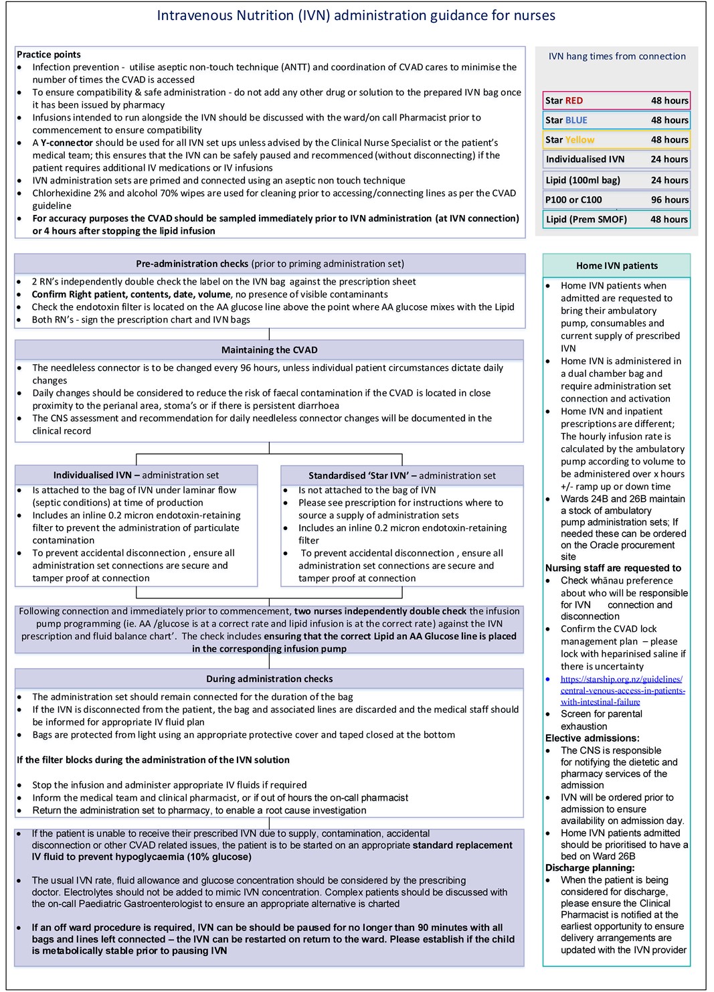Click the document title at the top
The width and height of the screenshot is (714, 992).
click(x=355, y=15)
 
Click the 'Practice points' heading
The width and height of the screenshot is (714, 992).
click(x=48, y=54)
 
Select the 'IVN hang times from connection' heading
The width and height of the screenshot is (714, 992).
click(x=616, y=56)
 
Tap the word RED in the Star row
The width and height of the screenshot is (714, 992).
click(x=573, y=100)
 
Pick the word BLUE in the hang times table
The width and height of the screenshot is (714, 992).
click(x=575, y=120)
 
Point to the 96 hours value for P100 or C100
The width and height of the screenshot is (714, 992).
click(x=668, y=199)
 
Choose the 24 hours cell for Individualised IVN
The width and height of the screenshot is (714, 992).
click(x=668, y=159)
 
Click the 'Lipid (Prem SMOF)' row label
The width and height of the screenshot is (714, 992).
click(x=586, y=219)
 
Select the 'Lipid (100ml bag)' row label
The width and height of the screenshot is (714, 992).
click(x=583, y=180)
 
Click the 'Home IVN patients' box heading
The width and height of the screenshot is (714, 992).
click(x=616, y=266)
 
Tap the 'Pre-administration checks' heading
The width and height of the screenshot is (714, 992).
click(x=270, y=264)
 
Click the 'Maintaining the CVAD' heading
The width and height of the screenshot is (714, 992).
click(x=270, y=349)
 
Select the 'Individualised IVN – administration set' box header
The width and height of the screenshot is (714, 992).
click(x=136, y=475)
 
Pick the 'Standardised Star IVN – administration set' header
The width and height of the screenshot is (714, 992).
click(x=401, y=475)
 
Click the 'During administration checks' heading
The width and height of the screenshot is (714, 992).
click(x=270, y=679)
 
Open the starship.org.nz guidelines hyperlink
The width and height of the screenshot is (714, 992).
click(x=622, y=690)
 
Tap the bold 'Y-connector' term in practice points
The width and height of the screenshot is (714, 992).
click(x=66, y=143)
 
